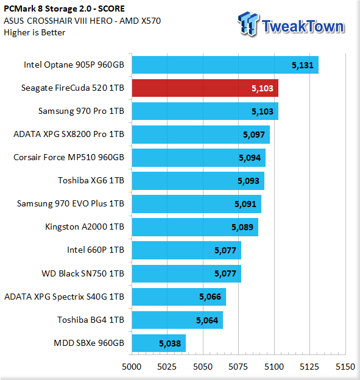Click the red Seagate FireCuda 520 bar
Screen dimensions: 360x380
click(x=205, y=88)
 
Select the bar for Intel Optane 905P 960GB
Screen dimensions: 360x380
click(x=225, y=65)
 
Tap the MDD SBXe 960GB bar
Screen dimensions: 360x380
click(x=159, y=343)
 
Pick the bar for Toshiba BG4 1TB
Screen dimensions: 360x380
click(x=177, y=320)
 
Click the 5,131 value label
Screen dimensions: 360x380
click(x=303, y=65)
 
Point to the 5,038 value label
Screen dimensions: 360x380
click(x=170, y=343)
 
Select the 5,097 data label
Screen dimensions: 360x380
click(x=254, y=135)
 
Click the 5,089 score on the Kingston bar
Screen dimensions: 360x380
click(x=242, y=227)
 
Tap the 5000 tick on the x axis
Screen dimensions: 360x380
click(x=132, y=367)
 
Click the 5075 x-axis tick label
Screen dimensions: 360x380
click(x=238, y=367)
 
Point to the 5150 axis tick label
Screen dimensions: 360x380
click(x=345, y=367)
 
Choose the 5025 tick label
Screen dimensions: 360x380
click(x=167, y=367)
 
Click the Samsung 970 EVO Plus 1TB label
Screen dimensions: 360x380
click(x=71, y=203)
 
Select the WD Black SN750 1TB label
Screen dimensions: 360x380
click(x=83, y=273)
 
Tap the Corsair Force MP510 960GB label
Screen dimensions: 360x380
click(x=69, y=157)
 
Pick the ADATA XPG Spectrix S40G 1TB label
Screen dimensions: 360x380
click(x=64, y=297)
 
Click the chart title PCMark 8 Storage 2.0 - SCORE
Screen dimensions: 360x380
click(x=64, y=9)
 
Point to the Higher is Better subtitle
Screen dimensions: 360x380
click(x=35, y=32)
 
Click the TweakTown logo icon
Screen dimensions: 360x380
click(x=249, y=24)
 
